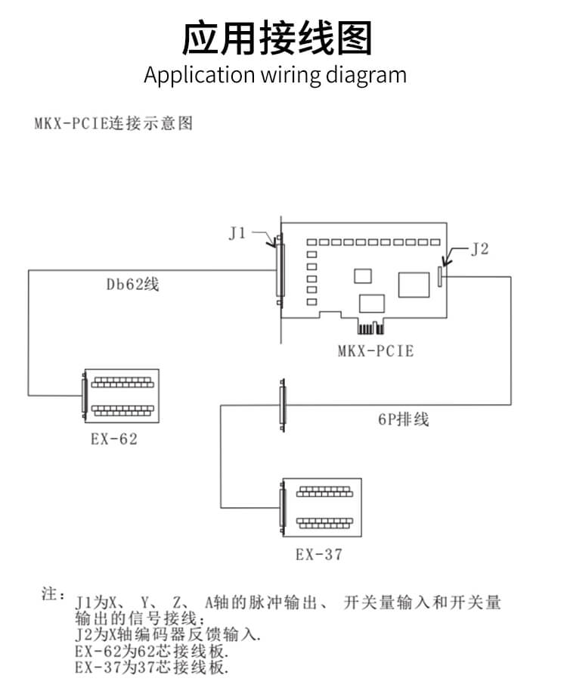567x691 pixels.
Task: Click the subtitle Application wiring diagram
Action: [x=275, y=76]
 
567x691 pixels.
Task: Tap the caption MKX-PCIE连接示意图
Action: [x=113, y=123]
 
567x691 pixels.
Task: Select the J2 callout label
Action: [x=479, y=250]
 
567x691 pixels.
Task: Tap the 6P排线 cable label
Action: [x=404, y=419]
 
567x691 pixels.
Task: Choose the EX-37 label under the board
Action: [x=319, y=555]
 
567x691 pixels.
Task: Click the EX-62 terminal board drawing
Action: [x=122, y=399]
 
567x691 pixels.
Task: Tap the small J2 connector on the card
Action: [x=440, y=276]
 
